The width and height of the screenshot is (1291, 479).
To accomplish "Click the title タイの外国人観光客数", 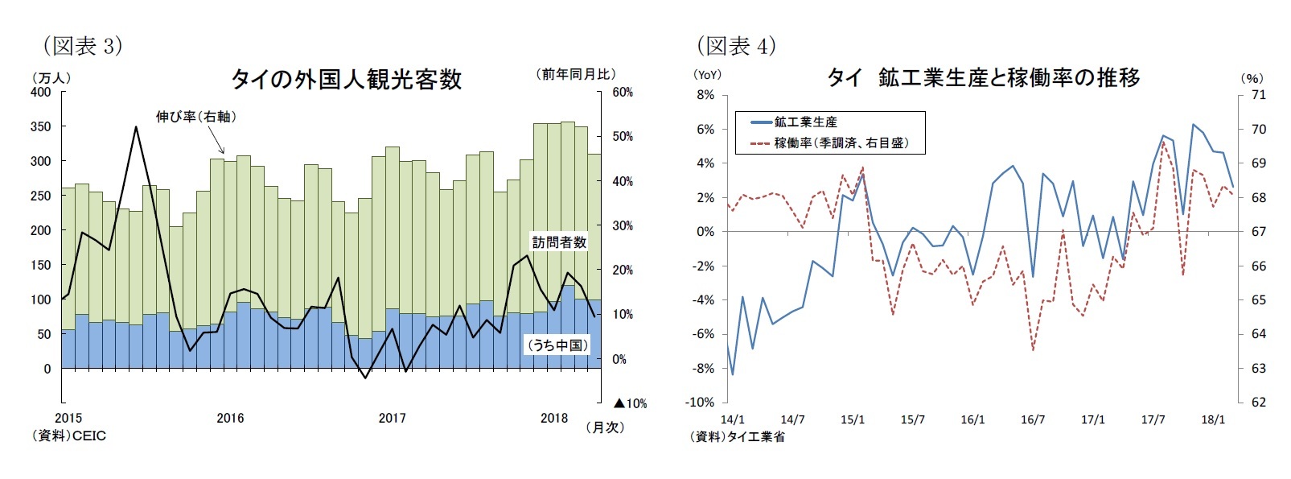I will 346,79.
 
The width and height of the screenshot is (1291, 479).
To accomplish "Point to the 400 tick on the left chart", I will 41,92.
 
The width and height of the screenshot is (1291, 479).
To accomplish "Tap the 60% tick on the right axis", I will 623,92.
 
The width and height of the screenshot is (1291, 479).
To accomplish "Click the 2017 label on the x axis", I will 392,418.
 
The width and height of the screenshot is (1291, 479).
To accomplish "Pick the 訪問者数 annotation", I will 559,242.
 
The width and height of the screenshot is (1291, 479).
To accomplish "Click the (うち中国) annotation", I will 557,345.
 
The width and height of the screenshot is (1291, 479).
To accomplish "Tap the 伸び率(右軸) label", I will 196,117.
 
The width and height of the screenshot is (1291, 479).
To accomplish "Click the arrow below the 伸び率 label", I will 216,142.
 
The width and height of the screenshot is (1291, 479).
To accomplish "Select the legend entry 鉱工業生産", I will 805,122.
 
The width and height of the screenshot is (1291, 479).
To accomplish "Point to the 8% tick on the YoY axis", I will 705,95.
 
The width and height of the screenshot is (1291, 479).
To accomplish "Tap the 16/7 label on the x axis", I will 1033,419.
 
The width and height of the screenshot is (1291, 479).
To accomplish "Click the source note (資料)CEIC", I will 68,436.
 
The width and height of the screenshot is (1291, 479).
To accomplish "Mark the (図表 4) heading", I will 736,46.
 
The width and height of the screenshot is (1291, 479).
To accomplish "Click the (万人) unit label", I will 51,77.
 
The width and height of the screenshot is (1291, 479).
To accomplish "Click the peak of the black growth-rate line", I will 136,126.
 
